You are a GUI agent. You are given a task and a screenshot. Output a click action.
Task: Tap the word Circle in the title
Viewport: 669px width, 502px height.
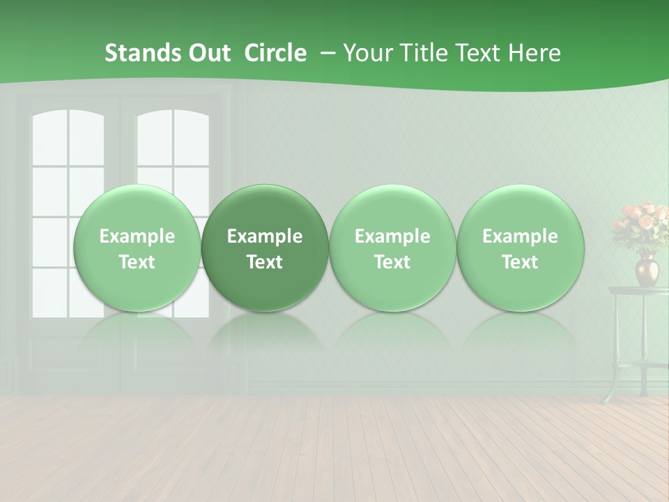tap(275, 53)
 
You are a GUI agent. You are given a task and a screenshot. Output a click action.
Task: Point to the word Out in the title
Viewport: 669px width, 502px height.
tap(208, 53)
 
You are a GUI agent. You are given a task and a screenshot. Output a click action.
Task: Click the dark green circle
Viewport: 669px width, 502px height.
tap(265, 248)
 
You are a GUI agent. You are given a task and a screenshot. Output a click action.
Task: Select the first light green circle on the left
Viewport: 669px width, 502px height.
tap(137, 248)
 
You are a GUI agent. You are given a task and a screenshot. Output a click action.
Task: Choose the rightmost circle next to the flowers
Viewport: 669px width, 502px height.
tap(520, 248)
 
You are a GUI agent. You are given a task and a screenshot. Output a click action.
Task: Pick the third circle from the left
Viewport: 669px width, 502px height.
tap(392, 248)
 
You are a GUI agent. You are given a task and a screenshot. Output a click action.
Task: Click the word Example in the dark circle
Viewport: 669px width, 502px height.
tap(265, 236)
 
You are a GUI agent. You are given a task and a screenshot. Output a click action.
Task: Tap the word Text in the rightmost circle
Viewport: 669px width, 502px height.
tap(520, 262)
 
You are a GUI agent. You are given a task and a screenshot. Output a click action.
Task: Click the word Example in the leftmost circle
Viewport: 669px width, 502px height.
tap(137, 236)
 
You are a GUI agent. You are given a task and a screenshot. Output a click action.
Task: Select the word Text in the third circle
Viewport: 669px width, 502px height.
tap(392, 262)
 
